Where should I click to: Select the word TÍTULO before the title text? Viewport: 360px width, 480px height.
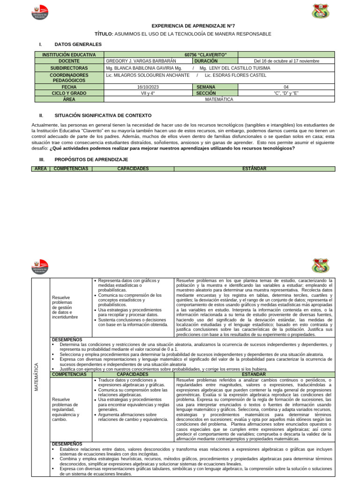tap(104, 34)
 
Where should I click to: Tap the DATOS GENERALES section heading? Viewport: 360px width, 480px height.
tap(78, 44)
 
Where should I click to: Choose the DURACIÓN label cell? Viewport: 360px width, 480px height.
tap(206, 61)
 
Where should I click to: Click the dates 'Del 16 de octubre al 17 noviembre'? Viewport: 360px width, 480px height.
tap(286, 61)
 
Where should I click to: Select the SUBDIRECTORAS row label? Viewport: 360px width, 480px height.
tap(69, 67)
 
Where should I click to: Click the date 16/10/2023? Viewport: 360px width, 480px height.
tap(149, 87)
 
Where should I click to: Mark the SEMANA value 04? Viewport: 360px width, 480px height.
tap(286, 87)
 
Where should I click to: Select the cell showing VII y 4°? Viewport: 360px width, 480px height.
tap(148, 93)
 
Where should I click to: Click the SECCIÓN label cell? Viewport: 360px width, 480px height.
tap(206, 93)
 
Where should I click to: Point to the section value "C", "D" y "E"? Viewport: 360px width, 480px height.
tap(286, 93)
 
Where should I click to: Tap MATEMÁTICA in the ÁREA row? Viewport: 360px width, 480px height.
tap(219, 99)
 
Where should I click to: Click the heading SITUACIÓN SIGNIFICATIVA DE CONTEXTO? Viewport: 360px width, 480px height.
tap(103, 115)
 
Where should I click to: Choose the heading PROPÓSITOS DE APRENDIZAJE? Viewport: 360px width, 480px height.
tap(91, 159)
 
